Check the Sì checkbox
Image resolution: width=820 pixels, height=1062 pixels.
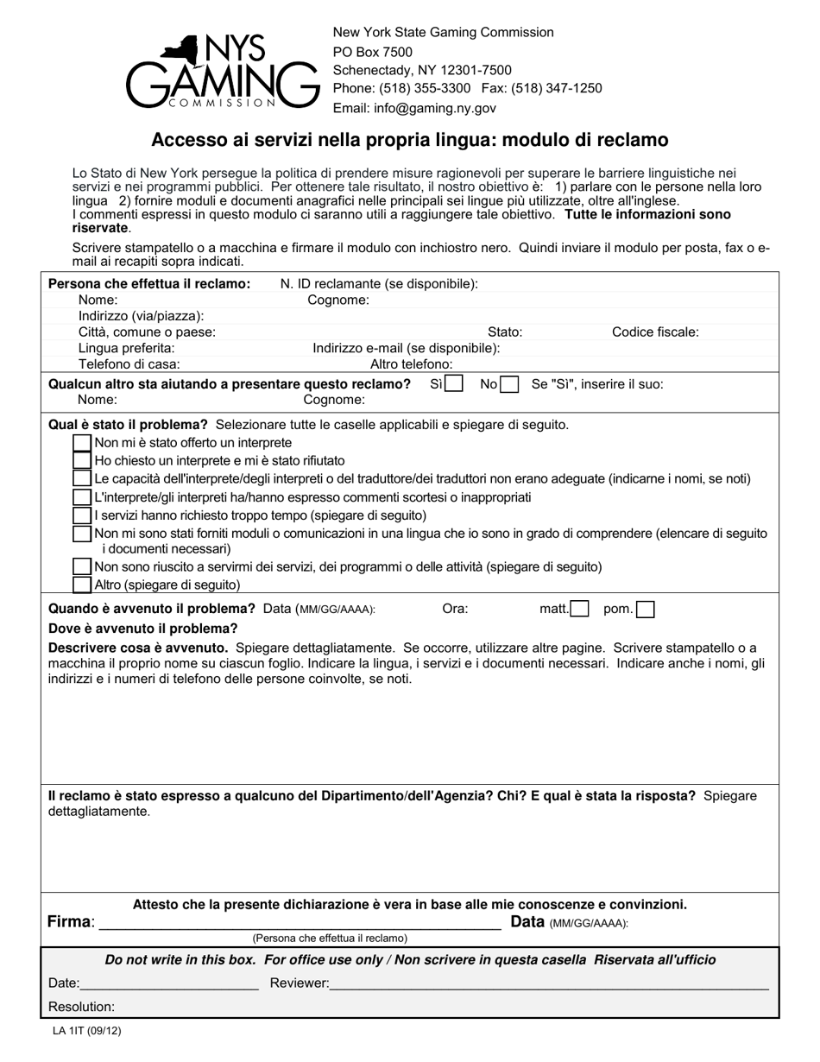454,384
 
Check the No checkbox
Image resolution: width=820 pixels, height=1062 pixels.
509,384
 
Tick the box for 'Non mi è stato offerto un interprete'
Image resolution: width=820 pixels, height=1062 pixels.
82,443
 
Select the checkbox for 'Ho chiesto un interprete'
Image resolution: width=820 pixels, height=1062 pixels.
82,461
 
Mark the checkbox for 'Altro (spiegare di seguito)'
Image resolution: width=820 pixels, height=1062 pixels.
82,585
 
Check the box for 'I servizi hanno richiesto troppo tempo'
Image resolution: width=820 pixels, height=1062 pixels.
82,515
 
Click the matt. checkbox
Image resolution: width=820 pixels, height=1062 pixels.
580,609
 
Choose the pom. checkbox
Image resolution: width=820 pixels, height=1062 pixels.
645,609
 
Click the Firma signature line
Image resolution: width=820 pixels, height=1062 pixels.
300,924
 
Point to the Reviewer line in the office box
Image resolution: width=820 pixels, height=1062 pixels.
549,983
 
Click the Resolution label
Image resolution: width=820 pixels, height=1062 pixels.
81,1007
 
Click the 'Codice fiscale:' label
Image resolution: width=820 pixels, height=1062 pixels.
655,332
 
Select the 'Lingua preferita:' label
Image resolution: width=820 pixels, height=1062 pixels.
126,348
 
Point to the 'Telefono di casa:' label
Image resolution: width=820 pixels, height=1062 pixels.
129,364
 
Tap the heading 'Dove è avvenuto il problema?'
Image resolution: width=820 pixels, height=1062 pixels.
142,628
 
